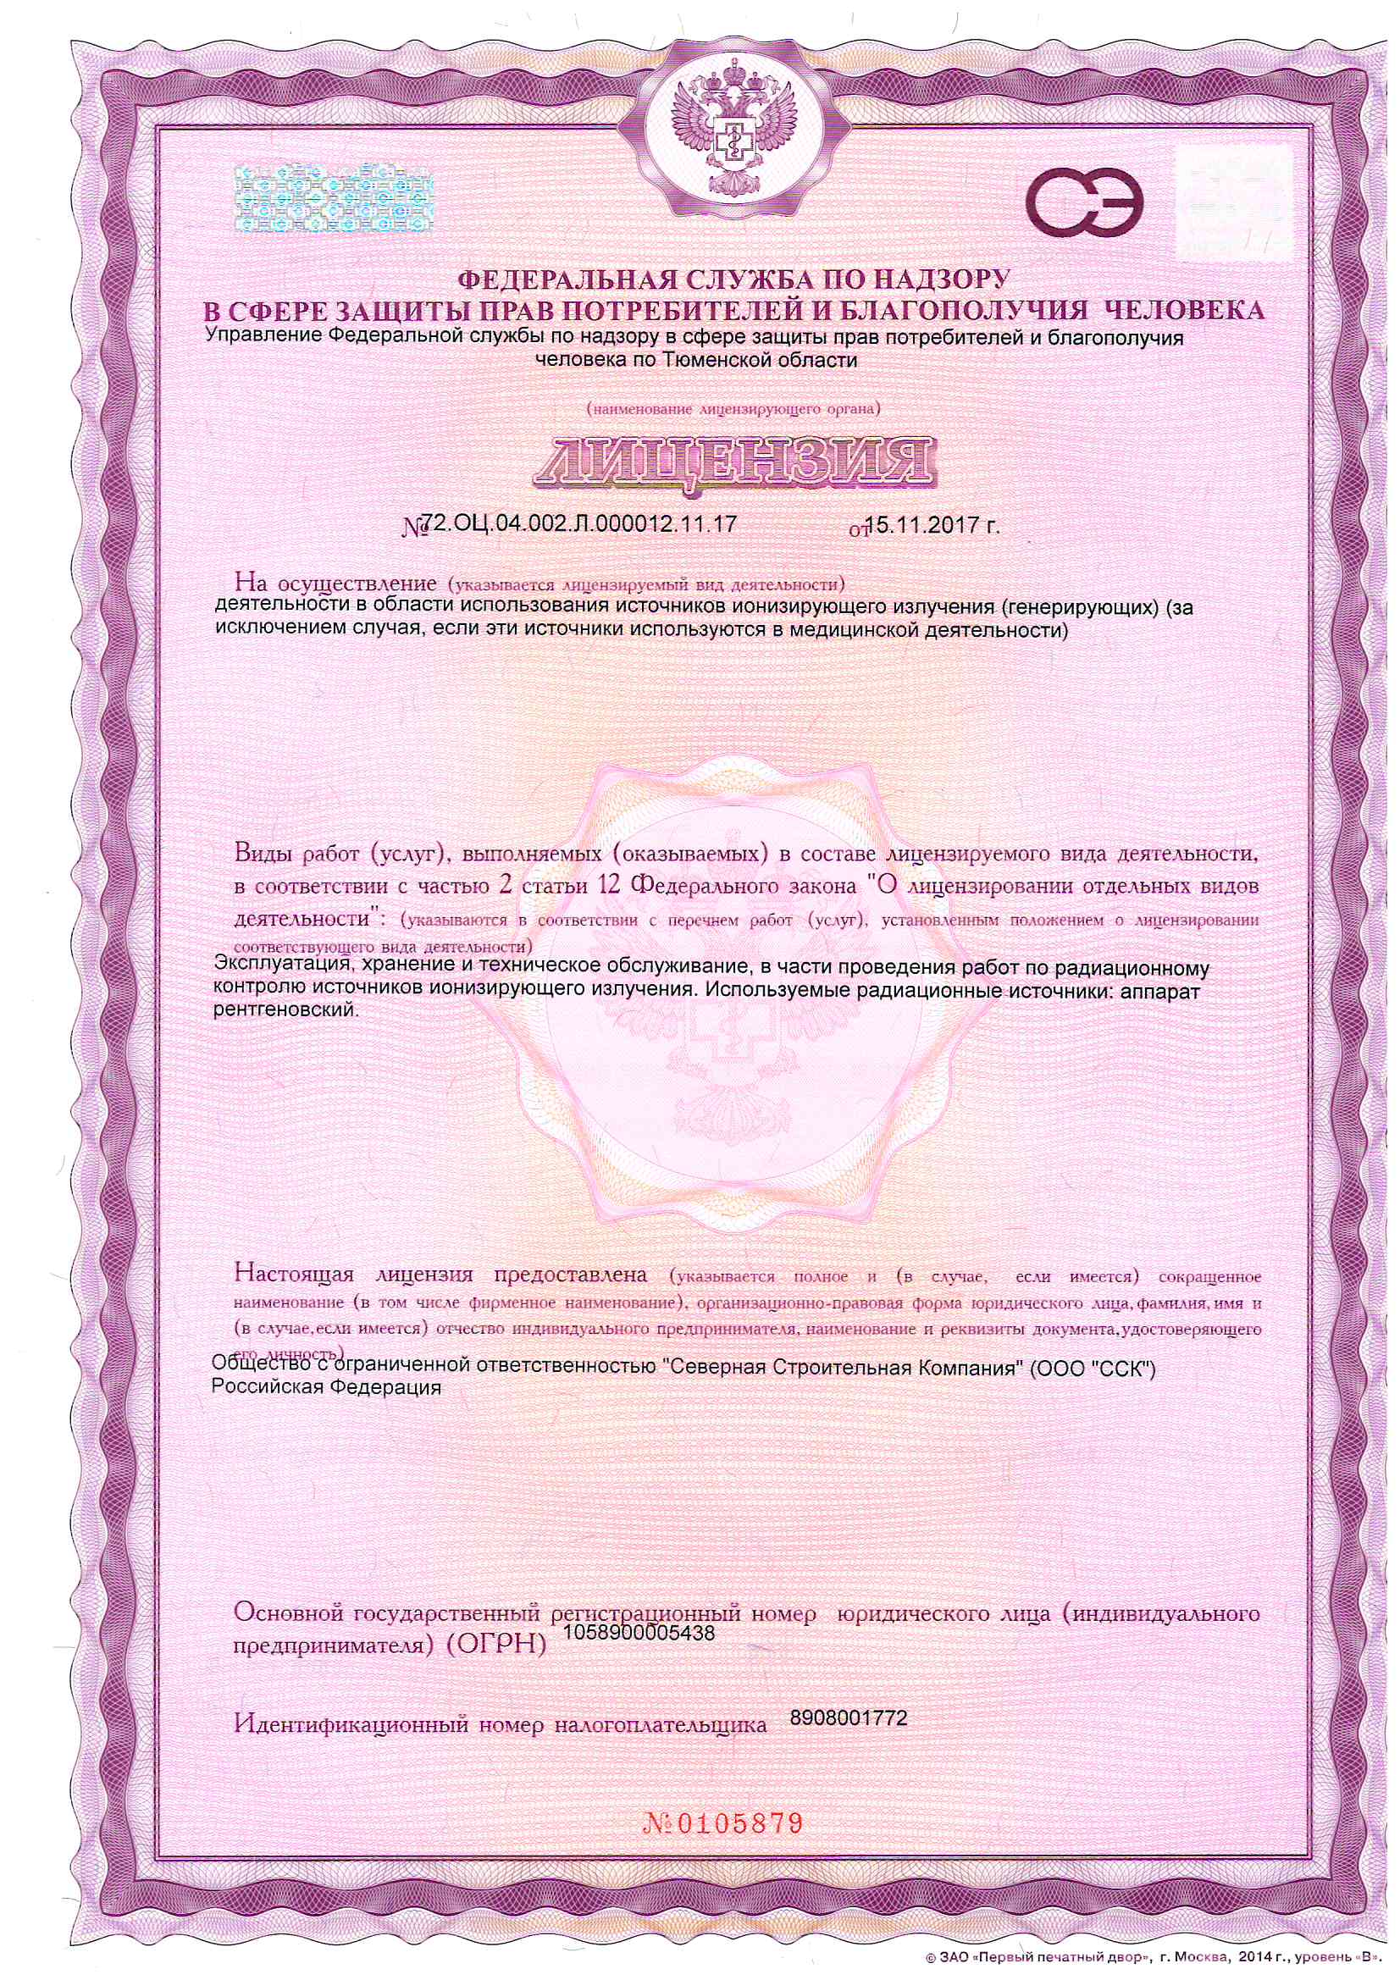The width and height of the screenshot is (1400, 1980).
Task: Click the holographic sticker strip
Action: [x=335, y=198]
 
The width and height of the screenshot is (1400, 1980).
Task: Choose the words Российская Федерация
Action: [x=326, y=1387]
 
